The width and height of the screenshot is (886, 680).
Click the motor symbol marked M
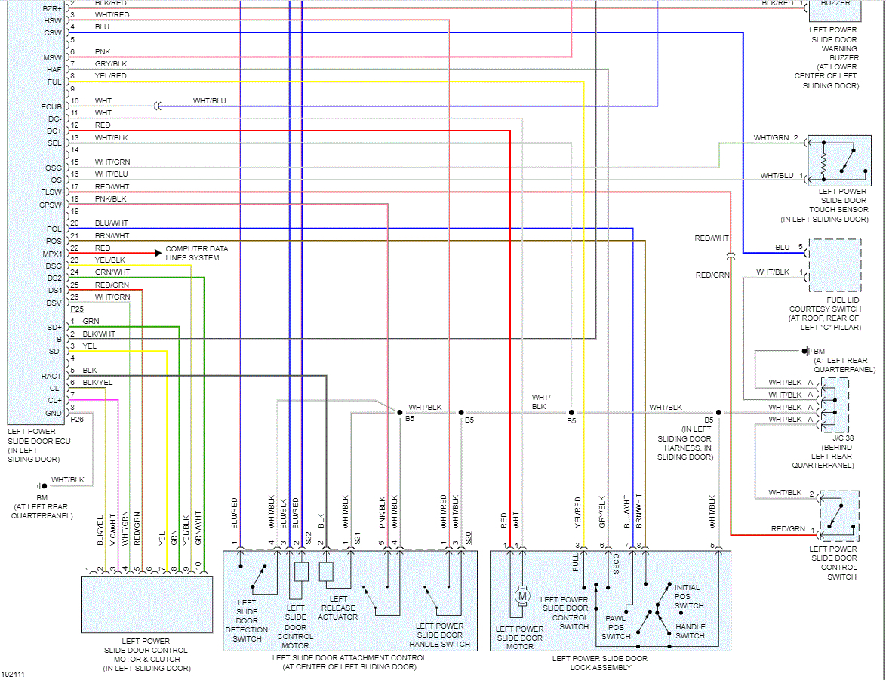click(522, 596)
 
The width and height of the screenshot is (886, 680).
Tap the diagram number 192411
click(14, 674)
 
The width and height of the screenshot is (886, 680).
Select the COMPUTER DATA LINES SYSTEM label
click(197, 253)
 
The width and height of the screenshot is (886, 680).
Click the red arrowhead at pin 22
click(156, 253)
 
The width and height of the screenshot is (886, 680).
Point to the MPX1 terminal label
click(52, 254)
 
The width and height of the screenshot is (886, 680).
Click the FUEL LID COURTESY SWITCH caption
click(825, 313)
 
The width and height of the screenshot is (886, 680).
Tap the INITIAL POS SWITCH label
click(688, 596)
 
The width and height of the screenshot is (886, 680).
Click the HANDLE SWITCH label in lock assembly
click(691, 631)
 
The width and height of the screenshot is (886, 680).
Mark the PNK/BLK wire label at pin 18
click(111, 198)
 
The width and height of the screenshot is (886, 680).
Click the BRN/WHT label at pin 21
click(112, 235)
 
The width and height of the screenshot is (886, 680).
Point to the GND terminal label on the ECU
click(53, 413)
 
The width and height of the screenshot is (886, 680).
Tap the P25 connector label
click(78, 309)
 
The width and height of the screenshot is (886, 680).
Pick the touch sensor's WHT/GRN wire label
click(771, 138)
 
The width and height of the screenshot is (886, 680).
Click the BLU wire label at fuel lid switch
click(782, 247)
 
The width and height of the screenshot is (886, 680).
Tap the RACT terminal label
click(51, 376)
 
